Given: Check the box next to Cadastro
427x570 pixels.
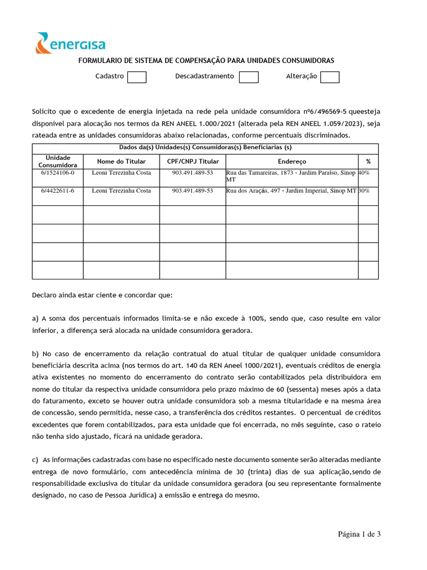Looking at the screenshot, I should tap(137, 77).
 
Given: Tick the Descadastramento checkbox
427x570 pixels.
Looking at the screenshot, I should tap(249, 77).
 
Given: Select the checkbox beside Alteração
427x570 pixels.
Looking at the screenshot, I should tap(330, 77).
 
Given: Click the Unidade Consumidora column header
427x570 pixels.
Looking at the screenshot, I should tap(58, 161).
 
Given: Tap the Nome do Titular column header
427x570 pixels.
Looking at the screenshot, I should tap(121, 161).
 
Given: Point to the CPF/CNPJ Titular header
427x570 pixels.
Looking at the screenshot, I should tap(193, 161).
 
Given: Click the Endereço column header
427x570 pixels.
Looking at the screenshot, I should tap(292, 161).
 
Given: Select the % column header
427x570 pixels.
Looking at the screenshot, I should tap(368, 161).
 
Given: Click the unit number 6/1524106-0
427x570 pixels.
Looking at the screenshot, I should tap(58, 173).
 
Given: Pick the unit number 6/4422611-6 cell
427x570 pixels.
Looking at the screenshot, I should tap(58, 191).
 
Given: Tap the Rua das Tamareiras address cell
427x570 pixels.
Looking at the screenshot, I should tap(291, 176).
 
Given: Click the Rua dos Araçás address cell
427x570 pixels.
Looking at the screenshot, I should tap(291, 191).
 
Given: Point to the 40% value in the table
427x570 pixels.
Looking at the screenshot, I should tap(364, 173).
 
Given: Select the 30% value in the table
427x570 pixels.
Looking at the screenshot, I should tap(364, 191).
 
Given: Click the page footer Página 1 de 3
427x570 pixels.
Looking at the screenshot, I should tap(359, 535).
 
